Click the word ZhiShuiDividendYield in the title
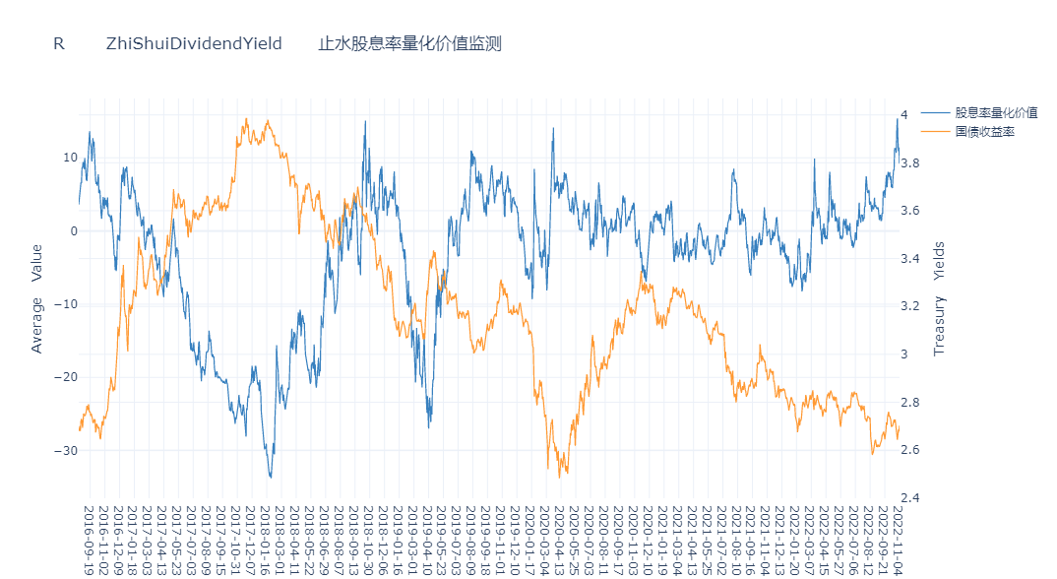(x=194, y=43)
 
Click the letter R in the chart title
(x=59, y=43)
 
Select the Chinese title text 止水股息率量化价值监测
(x=409, y=43)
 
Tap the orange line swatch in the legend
(x=935, y=131)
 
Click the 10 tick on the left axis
(x=70, y=158)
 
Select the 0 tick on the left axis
(x=73, y=231)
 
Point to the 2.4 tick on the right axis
(x=910, y=497)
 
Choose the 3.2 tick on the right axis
(x=910, y=306)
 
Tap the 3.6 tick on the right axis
(x=910, y=211)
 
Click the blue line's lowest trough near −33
(x=270, y=477)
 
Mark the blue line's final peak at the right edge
(x=897, y=118)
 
